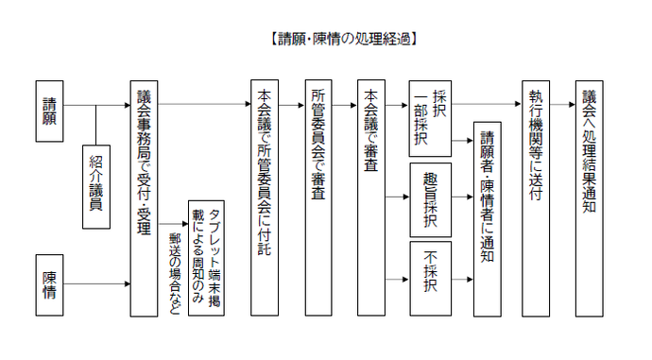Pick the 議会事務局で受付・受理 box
tap(143, 197)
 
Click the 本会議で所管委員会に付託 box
tap(265, 197)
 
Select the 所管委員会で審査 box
tap(318, 197)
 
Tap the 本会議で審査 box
tap(371, 197)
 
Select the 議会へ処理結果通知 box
tap(590, 197)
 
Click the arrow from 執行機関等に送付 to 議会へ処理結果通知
tap(561, 104)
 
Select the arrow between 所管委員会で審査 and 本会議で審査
tap(345, 104)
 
